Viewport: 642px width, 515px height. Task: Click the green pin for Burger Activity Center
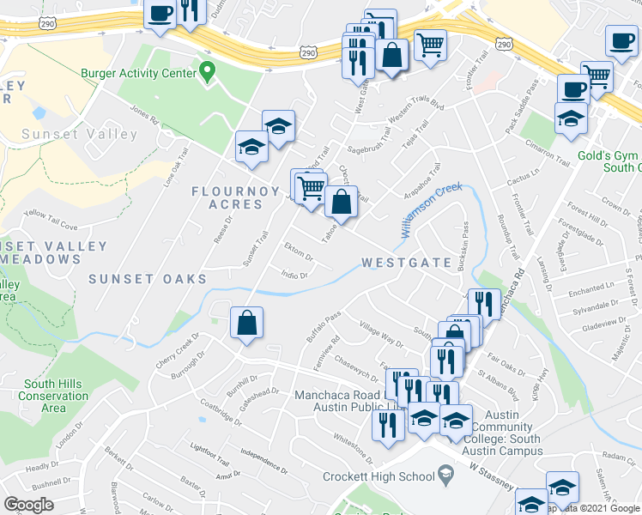point(206,70)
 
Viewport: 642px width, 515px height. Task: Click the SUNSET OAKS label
point(148,279)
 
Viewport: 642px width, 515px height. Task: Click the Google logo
point(28,505)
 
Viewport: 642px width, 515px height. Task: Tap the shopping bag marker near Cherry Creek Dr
point(246,324)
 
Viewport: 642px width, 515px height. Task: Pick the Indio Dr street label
point(294,273)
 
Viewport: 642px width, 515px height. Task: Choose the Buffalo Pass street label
point(324,326)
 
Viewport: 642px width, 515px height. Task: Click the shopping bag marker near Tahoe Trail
point(341,203)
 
